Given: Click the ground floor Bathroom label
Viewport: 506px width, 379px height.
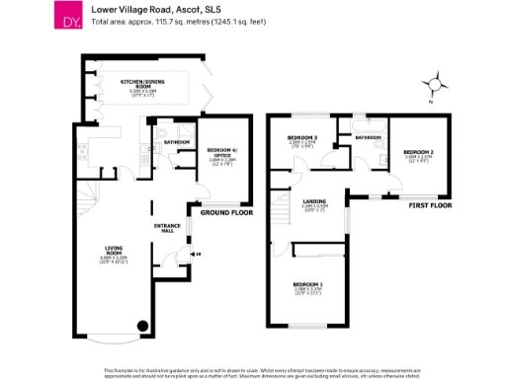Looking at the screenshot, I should point(177,142).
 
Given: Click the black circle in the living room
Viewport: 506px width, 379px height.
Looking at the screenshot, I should point(141,326).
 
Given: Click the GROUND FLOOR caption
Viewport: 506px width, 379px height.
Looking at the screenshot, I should point(226,212).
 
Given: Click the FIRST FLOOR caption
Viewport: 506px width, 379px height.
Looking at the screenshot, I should point(428,206).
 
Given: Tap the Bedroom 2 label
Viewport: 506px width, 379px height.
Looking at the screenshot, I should point(419,151).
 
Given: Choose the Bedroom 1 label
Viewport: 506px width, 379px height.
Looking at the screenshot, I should point(307,285).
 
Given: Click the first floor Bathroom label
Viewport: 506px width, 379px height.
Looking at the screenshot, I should point(369,137).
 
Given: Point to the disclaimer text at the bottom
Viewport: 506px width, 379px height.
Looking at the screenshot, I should point(253,372).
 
